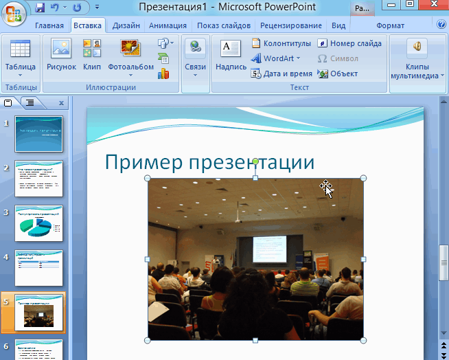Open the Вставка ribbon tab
coord(88,25)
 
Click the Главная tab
coord(49,25)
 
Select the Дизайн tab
coord(126,25)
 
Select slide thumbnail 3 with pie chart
coord(39,223)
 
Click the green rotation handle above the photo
coord(255,161)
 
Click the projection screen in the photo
coord(269,249)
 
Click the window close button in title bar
coord(433,6)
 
